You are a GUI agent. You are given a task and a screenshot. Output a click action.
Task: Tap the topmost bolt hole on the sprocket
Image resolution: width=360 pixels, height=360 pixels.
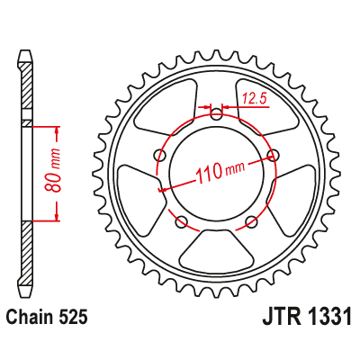(x=216, y=112)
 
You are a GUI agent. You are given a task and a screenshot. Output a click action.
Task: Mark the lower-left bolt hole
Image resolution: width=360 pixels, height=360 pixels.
(x=182, y=221)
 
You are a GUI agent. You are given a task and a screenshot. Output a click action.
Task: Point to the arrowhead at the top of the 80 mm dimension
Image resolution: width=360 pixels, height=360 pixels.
(x=57, y=126)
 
